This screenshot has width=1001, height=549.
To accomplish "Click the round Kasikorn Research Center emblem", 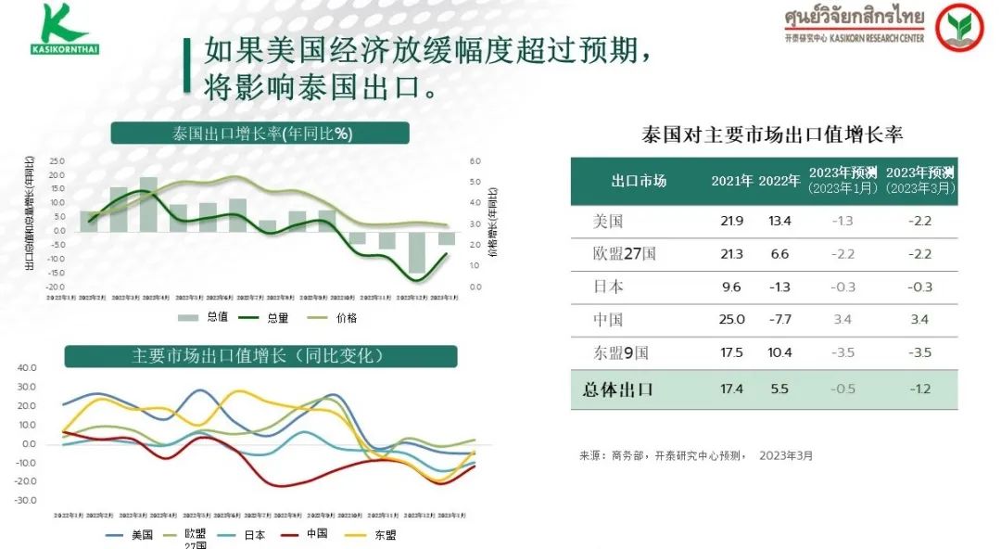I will click(x=958, y=28).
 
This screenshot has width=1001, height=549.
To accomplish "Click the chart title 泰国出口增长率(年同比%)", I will click(x=260, y=133).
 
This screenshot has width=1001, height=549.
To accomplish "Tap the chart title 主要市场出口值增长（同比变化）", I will click(x=260, y=356).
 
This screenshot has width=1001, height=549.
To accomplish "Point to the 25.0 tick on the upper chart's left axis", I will click(x=57, y=160).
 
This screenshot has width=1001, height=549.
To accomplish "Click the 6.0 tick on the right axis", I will click(x=475, y=160).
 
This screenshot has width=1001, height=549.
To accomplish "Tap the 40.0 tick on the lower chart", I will click(x=27, y=368).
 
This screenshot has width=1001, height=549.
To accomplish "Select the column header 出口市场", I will click(x=639, y=181).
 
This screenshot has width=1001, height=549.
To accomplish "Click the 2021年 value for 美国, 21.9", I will click(x=731, y=221).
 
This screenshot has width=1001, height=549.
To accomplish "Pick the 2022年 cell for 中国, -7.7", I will click(x=779, y=319).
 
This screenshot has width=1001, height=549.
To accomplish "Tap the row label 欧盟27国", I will click(x=625, y=253).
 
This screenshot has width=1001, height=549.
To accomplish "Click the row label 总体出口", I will click(x=618, y=389).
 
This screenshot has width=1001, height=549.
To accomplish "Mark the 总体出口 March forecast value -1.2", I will click(x=919, y=389).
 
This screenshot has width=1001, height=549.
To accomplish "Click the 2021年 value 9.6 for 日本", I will click(x=731, y=287).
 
